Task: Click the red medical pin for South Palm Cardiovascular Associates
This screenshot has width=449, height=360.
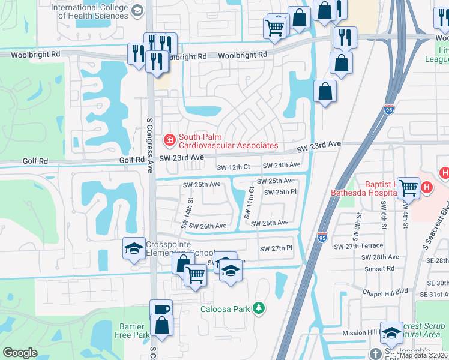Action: pos(170,140)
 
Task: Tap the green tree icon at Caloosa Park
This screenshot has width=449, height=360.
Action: pos(259,308)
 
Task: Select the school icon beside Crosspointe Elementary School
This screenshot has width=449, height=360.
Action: pos(133,247)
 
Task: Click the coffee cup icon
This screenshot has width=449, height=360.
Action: pos(161,310)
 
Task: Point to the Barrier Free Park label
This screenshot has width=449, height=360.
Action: pos(132,331)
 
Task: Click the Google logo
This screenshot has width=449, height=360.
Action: pos(20,353)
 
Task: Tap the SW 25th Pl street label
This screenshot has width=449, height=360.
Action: pos(277,192)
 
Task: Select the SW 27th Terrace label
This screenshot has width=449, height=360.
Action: pos(358,247)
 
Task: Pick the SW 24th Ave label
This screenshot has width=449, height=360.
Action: pos(282,165)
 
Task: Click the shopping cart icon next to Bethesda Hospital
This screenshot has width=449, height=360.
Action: pos(408,187)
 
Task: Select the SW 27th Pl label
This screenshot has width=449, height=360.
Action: pos(276,248)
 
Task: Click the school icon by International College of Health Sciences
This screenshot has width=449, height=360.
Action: pos(137,10)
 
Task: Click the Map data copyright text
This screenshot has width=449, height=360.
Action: pos(423,355)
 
